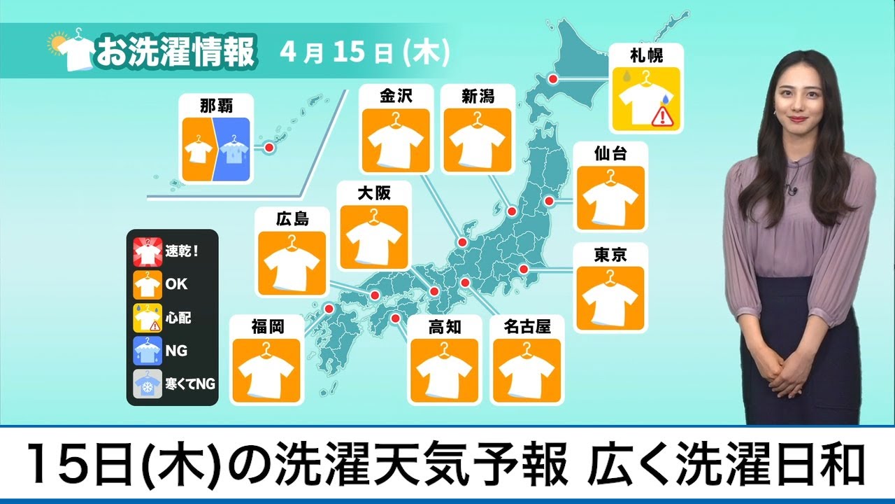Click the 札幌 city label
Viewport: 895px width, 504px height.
click(x=645, y=55)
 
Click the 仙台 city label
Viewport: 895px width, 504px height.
click(x=610, y=154)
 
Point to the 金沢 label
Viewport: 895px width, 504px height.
click(x=395, y=96)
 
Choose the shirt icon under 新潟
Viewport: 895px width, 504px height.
click(x=478, y=138)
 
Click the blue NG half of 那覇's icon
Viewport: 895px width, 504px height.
click(x=231, y=150)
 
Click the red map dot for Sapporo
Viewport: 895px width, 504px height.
click(x=552, y=79)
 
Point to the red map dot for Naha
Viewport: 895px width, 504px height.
click(x=268, y=148)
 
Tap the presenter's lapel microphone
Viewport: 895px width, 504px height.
click(x=791, y=188)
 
